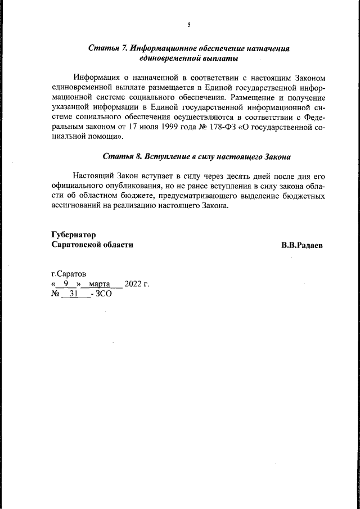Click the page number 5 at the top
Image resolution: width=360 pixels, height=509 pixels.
(x=189, y=25)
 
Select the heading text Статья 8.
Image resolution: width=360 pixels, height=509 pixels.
(x=119, y=156)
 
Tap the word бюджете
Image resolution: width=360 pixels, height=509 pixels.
(x=144, y=196)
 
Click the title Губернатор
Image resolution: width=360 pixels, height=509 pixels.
(x=74, y=235)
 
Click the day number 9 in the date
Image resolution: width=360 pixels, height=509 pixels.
(x=66, y=284)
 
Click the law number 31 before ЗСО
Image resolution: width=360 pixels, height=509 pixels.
(x=73, y=294)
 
